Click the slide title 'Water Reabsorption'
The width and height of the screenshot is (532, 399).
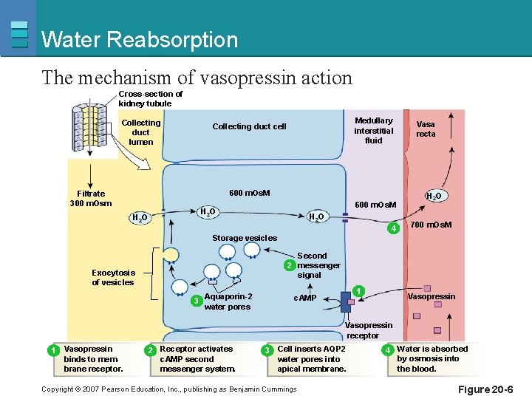coord(140,39)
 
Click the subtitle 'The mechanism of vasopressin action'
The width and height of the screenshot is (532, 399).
coord(197,77)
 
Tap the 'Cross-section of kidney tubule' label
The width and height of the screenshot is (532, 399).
coord(151,98)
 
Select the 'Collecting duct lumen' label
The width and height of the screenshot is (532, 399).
coord(140,132)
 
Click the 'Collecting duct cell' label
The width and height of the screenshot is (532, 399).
coord(249,126)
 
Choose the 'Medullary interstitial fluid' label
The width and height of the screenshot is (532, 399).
coord(373,130)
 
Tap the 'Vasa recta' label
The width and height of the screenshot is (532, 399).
coord(426,129)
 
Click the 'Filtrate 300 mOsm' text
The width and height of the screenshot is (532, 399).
coord(91,199)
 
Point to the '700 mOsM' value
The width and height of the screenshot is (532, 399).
coord(431,225)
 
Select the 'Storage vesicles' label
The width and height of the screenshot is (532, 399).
coord(245,238)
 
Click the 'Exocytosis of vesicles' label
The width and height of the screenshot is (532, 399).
coord(113,277)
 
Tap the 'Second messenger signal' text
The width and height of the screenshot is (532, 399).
coord(318,265)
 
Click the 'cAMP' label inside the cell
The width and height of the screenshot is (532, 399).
coord(304,298)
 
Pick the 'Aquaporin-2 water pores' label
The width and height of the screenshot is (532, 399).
coord(228,301)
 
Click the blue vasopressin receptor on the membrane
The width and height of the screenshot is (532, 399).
coord(346,302)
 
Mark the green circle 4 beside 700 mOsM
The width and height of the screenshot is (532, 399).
coord(395,228)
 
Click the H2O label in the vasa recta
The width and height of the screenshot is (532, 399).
coord(434,196)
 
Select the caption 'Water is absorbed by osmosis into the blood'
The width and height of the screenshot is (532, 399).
coord(432,358)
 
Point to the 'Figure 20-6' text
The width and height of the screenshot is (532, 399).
coord(485,389)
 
